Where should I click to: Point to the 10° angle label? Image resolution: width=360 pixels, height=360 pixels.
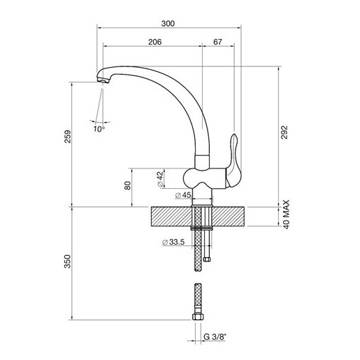point(99,129)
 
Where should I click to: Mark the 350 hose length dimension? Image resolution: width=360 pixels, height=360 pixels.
point(67,262)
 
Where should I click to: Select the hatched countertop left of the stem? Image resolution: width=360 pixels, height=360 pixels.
point(168,217)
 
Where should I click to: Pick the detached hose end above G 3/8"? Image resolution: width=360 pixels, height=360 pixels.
point(198,301)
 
